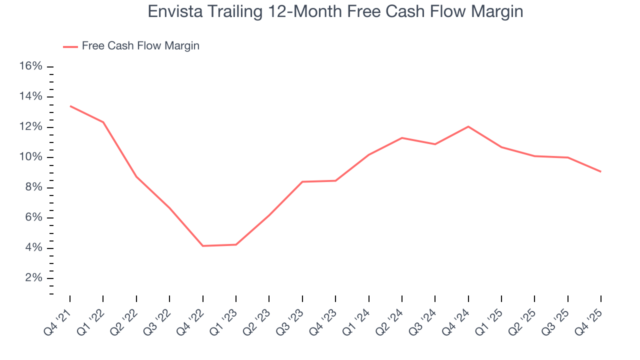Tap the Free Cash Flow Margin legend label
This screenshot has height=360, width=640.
point(140,46)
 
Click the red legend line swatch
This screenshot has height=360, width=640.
point(70,46)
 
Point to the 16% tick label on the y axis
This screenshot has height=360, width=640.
point(31,66)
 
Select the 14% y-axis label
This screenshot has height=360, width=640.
point(31,97)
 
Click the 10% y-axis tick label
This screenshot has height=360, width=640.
point(31,157)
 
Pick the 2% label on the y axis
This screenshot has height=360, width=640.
point(34,278)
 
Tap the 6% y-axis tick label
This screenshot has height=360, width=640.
point(34,218)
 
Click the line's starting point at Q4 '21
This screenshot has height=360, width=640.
point(70,106)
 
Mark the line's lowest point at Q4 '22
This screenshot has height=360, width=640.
point(203,246)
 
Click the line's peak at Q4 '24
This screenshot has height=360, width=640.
point(468,126)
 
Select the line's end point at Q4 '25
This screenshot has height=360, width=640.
point(600,171)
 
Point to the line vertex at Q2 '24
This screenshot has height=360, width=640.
point(402,138)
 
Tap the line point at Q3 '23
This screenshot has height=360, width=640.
point(302,181)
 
